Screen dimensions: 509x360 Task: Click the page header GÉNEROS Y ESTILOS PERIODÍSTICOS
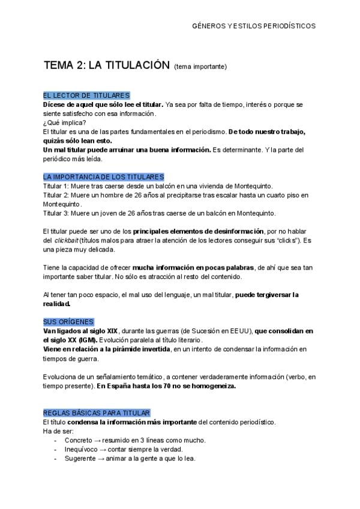coord(253,26)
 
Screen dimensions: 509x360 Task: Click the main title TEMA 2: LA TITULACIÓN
coord(107,65)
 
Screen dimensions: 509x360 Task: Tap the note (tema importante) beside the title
coord(200,67)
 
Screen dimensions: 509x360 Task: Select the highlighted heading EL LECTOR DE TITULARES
coord(86,95)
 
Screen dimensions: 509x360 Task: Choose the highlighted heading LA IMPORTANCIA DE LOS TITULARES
coord(103,177)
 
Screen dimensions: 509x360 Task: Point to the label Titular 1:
coord(56,186)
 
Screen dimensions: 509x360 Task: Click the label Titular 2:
coord(56,195)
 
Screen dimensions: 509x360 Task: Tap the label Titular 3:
coord(56,213)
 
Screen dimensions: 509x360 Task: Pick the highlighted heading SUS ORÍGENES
coord(68,322)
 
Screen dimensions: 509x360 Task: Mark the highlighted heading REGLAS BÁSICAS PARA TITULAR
coord(97,412)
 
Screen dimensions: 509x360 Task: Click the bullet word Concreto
coord(78,440)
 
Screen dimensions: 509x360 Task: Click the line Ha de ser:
coord(58,431)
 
